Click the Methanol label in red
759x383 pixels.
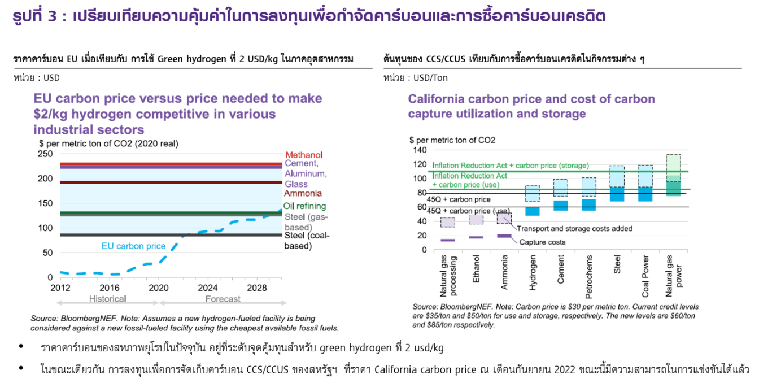(304, 155)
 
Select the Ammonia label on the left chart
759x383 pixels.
(302, 194)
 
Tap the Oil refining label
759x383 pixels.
(304, 206)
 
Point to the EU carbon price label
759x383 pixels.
(133, 246)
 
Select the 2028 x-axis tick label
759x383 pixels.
(257, 288)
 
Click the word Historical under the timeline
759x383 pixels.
(107, 299)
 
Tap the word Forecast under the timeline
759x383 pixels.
(223, 299)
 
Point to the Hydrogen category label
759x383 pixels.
(533, 275)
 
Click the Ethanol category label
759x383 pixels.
(476, 271)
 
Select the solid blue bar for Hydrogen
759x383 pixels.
(533, 211)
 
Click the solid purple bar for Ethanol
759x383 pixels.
(476, 237)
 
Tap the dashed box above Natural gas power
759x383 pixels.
(673, 164)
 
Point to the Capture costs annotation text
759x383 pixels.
(542, 242)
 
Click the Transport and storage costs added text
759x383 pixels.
(574, 229)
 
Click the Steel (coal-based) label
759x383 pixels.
(306, 241)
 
